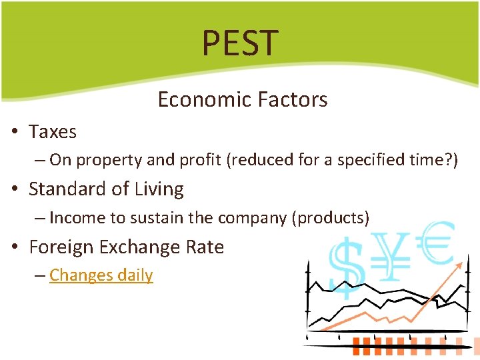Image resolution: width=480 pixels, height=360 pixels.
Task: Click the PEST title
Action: [x=240, y=43]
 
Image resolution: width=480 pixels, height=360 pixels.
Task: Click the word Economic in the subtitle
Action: [x=195, y=100]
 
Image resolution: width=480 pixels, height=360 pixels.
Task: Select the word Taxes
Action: [x=53, y=132]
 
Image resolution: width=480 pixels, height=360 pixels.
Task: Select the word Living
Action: [x=158, y=189]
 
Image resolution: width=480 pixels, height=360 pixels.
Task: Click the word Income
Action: [x=73, y=218]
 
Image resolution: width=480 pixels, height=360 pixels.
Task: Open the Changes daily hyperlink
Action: [x=101, y=275]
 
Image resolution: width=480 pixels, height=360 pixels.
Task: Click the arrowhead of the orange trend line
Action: [x=458, y=265]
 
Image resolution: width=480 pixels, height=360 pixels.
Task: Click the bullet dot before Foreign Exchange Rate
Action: [x=17, y=248]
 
